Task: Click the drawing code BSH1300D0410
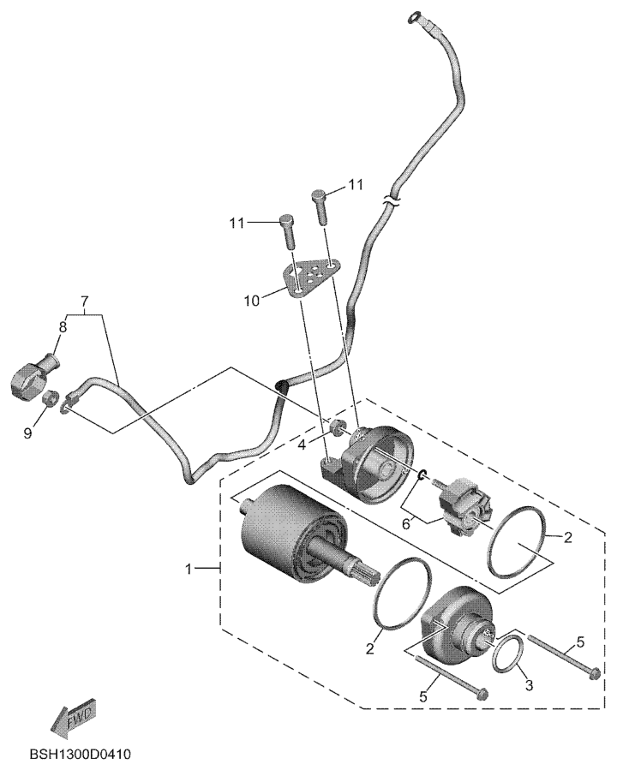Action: point(80,755)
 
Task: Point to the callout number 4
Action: point(303,445)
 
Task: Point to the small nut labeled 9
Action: point(51,399)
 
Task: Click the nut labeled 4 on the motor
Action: point(336,427)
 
